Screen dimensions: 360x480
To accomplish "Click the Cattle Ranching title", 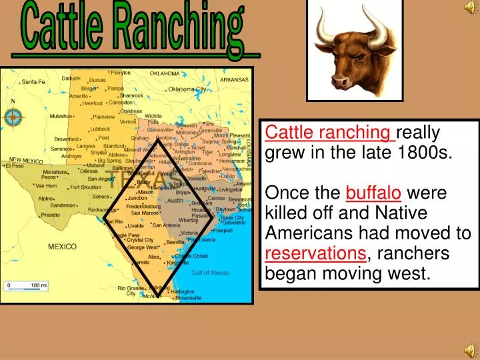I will pyautogui.click(x=133, y=30).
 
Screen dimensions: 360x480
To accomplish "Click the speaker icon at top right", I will pyautogui.click(x=470, y=8).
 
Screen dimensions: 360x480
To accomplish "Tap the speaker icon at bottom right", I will pyautogui.click(x=470, y=351).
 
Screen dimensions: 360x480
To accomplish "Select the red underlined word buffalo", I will pyautogui.click(x=373, y=193).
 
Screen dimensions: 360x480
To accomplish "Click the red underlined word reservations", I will pyautogui.click(x=315, y=253).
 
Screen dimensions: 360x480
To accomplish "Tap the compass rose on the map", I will pyautogui.click(x=13, y=118).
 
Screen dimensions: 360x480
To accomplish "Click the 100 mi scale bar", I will pyautogui.click(x=27, y=287).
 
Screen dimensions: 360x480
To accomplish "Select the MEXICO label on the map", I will pyautogui.click(x=62, y=247).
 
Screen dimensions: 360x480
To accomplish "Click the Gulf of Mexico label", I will pyautogui.click(x=210, y=273).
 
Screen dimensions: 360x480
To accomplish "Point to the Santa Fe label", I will pyautogui.click(x=33, y=82).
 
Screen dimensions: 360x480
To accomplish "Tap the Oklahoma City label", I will pyautogui.click(x=187, y=89).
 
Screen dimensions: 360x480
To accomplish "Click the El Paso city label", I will pyautogui.click(x=14, y=166).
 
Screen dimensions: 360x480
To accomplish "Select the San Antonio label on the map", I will pyautogui.click(x=167, y=225).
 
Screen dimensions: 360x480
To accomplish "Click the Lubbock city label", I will pyautogui.click(x=100, y=129).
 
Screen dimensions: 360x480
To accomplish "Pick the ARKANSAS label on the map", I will pyautogui.click(x=234, y=79).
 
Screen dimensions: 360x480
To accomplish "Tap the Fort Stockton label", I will pyautogui.click(x=85, y=187).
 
